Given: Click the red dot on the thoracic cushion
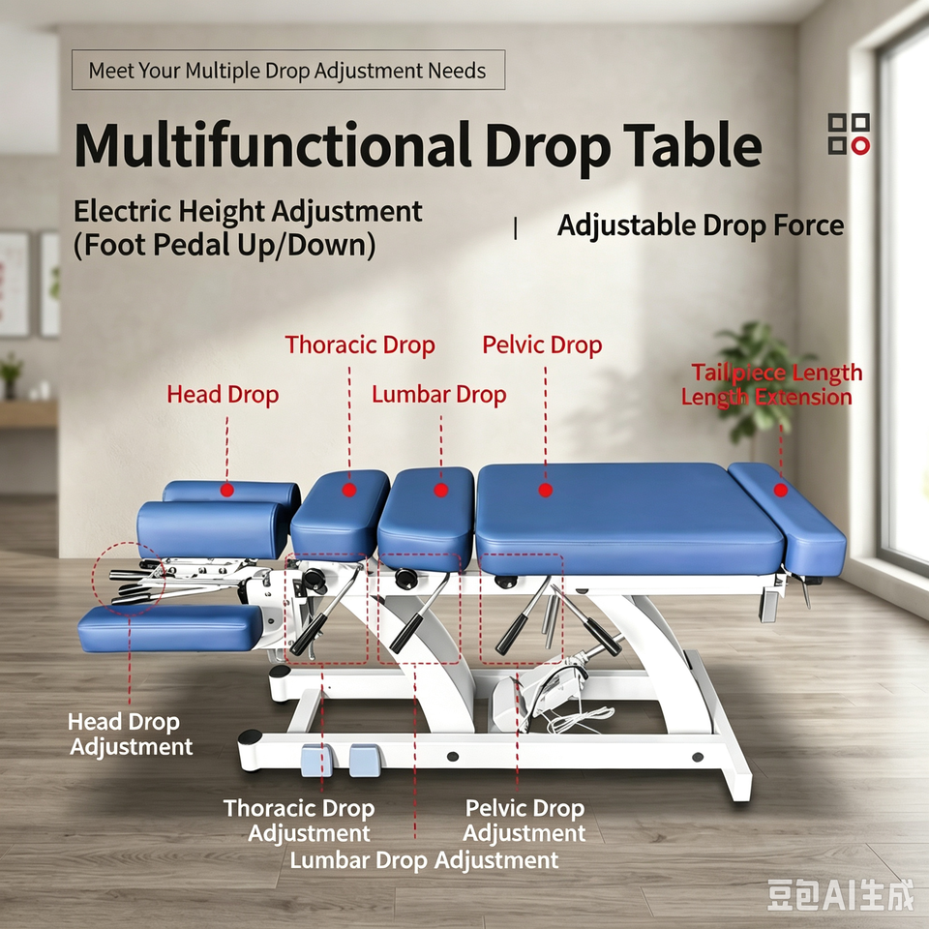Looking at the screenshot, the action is coord(349,490).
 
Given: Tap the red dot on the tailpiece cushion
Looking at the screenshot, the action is coord(780,490).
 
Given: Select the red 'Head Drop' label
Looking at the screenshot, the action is coord(223,395).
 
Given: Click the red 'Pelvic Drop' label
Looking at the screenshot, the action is coord(542,345).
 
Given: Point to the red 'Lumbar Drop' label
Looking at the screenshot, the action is coord(439,395).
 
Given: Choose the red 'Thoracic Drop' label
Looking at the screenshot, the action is coord(360,345).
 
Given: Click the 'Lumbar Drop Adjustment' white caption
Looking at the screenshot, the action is coord(424,860).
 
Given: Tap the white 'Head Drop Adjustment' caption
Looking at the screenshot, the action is coord(131,734).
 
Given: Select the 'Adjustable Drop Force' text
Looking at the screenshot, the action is coord(701,225).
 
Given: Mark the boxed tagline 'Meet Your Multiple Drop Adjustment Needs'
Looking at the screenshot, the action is coord(288,70).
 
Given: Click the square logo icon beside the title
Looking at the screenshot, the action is coord(849,134).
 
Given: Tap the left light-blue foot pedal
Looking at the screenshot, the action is coord(317,761).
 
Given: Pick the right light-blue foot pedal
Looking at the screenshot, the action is coord(364,761).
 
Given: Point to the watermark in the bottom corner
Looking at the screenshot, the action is coord(840,895).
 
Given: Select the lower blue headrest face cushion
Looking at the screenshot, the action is coord(170,628).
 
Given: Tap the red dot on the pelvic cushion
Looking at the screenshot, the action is coord(545,490).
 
